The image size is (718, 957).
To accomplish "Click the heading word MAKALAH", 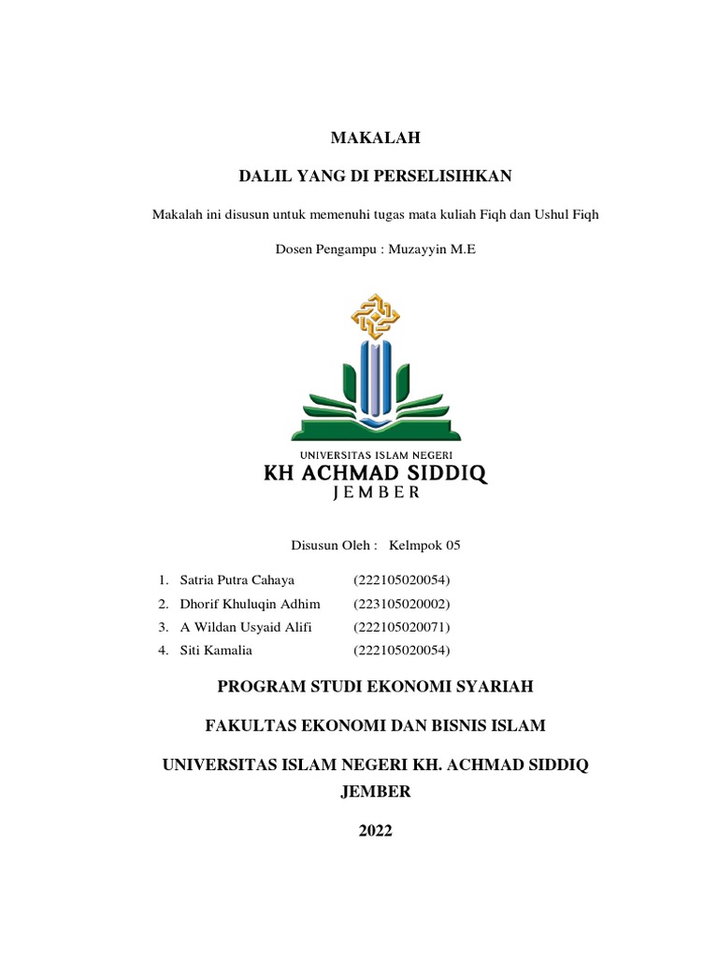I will click(x=376, y=138).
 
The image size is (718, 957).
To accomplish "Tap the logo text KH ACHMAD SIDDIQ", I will click(x=376, y=474).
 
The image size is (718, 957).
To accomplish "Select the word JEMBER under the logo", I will click(x=376, y=495).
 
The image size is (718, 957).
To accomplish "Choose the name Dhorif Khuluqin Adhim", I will click(x=243, y=604).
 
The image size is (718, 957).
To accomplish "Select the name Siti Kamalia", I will click(x=216, y=650).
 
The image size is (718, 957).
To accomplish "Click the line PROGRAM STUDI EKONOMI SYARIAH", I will click(x=376, y=687).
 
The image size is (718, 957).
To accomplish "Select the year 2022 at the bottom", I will click(x=376, y=831).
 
